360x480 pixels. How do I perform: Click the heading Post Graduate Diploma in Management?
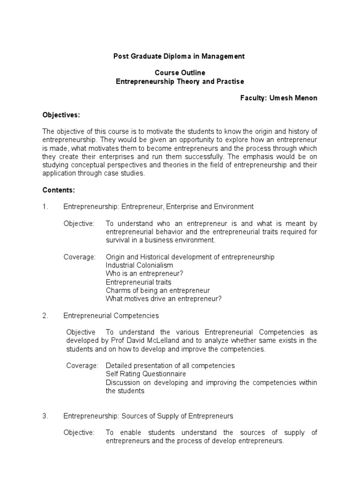(180, 56)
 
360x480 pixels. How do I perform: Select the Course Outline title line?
(180, 73)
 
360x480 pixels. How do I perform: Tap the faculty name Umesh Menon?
(292, 98)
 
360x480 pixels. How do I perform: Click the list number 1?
(45, 206)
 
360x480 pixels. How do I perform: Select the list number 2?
(45, 315)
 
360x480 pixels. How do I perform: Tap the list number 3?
(45, 416)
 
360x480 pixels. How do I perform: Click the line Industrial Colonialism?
(140, 265)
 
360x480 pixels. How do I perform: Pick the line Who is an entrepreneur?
(144, 274)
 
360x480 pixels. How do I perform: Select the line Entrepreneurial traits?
(138, 282)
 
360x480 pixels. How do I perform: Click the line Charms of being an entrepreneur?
(157, 291)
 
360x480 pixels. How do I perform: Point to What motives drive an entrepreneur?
(164, 299)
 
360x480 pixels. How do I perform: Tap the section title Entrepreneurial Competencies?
(111, 315)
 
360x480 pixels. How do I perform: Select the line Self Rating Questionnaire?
(146, 374)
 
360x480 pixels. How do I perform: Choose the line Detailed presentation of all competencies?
(170, 366)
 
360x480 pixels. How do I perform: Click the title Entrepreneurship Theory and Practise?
(180, 82)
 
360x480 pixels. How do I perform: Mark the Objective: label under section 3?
(79, 433)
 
